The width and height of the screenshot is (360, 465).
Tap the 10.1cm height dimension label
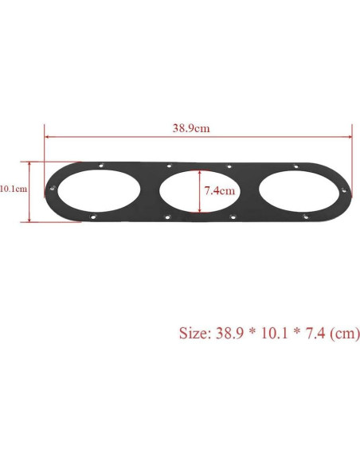(x=14, y=189)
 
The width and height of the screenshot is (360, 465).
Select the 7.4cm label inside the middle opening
(x=219, y=190)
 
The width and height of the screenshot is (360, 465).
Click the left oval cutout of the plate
(x=95, y=190)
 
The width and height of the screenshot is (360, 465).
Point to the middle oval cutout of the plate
(x=197, y=191)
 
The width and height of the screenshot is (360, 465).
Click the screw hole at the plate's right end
(x=343, y=190)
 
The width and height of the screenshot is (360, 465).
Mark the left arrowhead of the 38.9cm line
(x=47, y=136)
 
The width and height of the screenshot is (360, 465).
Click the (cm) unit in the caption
(x=345, y=333)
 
